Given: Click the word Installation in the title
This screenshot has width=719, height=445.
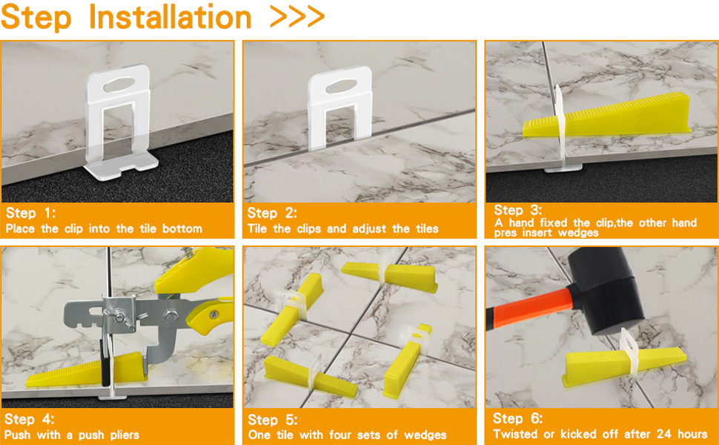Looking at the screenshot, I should (x=169, y=17).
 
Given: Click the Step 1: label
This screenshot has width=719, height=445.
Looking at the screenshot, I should (x=29, y=214).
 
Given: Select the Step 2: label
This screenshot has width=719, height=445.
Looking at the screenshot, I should (x=273, y=214).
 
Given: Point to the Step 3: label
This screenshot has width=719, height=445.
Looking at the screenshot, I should (x=518, y=210).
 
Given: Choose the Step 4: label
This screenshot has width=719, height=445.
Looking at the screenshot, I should (x=29, y=420).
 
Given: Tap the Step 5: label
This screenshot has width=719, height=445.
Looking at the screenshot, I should (x=273, y=420).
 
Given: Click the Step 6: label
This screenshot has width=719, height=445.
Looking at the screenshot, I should (x=518, y=418).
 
